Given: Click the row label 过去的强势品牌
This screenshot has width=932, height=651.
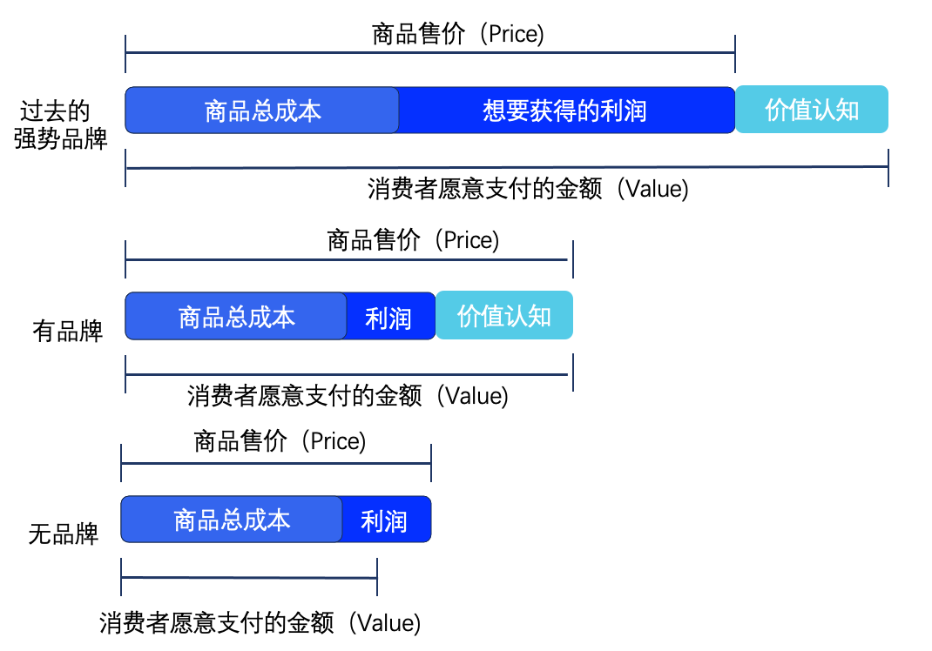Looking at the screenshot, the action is (x=60, y=124).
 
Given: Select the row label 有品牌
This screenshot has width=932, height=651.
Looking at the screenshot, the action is (x=67, y=331).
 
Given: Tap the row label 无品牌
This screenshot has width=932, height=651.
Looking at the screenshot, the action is (x=63, y=534).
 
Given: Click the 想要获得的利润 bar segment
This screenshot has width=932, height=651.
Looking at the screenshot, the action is (x=566, y=111).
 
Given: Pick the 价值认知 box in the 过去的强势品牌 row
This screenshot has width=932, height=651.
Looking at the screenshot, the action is (x=812, y=110).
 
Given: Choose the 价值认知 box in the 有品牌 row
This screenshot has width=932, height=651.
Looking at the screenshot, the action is (x=504, y=315).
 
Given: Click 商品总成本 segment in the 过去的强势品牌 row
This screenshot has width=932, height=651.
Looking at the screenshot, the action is (x=262, y=111).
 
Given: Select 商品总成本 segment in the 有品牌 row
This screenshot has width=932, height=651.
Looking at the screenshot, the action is (x=236, y=316).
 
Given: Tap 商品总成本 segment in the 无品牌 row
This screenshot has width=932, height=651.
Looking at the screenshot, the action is (x=232, y=519).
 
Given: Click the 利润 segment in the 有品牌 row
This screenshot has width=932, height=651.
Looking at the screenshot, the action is (x=390, y=316).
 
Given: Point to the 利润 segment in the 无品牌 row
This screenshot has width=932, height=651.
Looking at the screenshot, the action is (x=387, y=519).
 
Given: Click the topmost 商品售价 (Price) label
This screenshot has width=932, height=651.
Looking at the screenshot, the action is (x=457, y=34).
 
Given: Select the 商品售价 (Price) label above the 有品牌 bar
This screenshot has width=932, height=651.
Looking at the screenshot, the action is (x=413, y=240).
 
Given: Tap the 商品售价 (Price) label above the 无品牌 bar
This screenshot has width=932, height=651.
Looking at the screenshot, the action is (x=280, y=440).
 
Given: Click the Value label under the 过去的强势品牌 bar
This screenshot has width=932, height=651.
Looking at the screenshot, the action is (x=652, y=189).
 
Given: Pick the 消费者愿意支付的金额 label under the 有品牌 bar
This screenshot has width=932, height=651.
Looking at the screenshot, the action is (x=304, y=396).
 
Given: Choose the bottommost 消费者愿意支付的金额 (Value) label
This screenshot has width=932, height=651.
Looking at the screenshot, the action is (x=260, y=623).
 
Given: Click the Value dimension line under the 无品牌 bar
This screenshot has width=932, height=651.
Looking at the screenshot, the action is (x=249, y=577).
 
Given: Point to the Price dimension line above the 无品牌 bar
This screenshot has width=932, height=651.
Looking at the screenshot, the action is (x=276, y=463).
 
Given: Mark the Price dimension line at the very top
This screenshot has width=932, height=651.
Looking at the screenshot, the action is (x=430, y=53).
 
